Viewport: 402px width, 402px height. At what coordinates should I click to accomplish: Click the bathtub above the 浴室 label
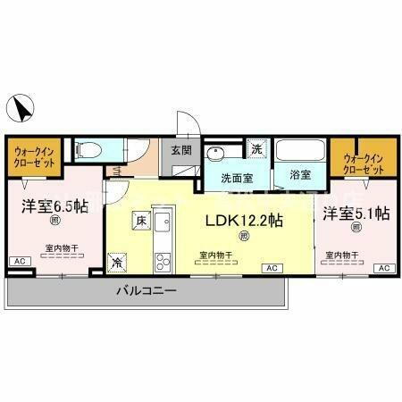299,152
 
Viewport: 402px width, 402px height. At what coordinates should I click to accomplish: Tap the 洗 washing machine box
255,149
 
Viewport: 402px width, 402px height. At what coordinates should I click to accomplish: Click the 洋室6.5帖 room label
54,206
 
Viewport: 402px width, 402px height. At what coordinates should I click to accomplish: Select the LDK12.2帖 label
245,220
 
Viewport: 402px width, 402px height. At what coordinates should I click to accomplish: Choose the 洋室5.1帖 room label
356,214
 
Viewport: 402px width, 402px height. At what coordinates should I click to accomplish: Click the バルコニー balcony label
146,291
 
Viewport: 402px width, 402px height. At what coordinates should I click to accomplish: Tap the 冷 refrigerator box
118,263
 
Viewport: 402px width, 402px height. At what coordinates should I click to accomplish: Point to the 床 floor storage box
140,219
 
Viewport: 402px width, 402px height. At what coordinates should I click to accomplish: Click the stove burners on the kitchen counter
163,262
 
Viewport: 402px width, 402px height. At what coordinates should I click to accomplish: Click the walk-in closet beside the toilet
34,159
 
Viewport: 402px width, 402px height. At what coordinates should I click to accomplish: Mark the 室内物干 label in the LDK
215,255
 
